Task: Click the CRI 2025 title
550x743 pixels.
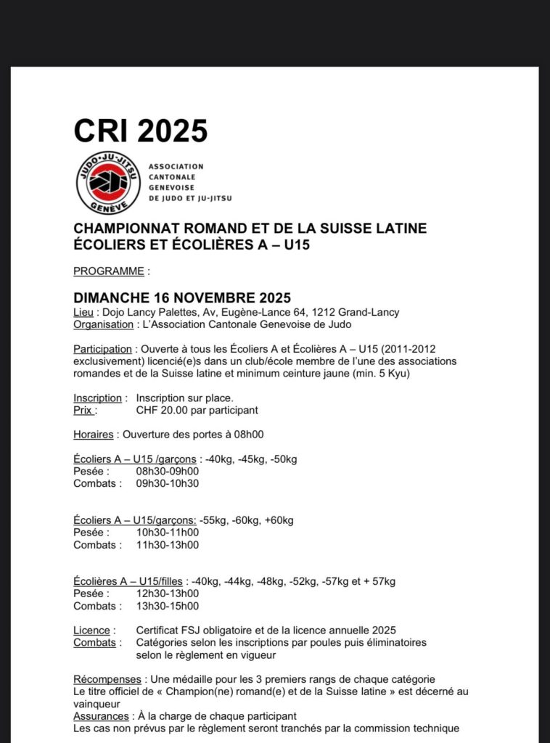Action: (141, 131)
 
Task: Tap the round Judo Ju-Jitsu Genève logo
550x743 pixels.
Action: (108, 183)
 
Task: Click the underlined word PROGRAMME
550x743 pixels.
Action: (109, 271)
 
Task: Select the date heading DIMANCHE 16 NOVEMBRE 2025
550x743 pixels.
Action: (182, 298)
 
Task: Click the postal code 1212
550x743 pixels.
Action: (322, 313)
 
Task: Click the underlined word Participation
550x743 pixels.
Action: (102, 349)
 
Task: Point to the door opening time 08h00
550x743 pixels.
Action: (247, 435)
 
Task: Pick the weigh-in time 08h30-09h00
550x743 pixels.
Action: (167, 471)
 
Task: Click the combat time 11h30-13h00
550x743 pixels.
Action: (167, 545)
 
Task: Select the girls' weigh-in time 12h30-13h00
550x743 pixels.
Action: (167, 594)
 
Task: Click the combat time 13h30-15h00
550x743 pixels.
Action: (167, 606)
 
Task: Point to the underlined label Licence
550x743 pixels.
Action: (92, 631)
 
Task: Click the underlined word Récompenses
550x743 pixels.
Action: (107, 680)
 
